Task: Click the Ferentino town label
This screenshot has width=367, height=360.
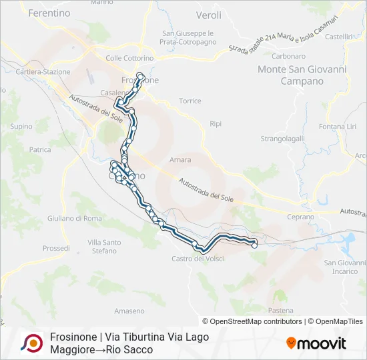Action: pyautogui.click(x=45, y=13)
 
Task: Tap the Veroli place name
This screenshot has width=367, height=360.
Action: pyautogui.click(x=208, y=15)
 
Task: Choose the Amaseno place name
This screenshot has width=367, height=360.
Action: pyautogui.click(x=129, y=311)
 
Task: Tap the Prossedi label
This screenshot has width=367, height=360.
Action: pyautogui.click(x=56, y=248)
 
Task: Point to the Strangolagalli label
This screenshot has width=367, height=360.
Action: pyautogui.click(x=282, y=139)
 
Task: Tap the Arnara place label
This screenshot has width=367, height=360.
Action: pyautogui.click(x=180, y=160)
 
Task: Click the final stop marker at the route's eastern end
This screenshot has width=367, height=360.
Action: pyautogui.click(x=254, y=245)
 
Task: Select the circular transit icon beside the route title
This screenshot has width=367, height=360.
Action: pyautogui.click(x=32, y=343)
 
